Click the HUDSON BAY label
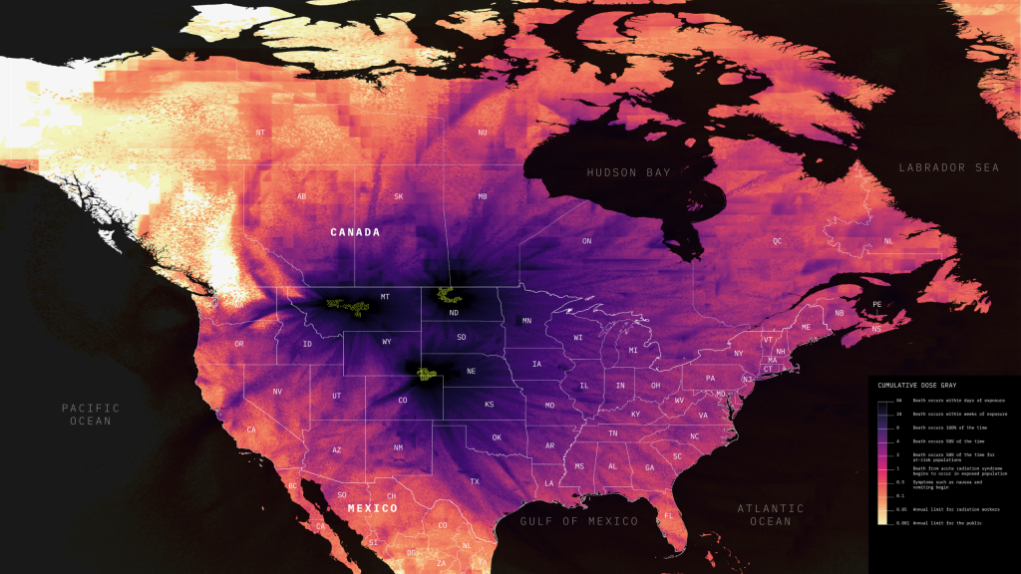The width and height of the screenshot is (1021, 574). (x=628, y=172)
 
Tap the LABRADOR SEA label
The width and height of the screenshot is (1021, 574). (x=948, y=167)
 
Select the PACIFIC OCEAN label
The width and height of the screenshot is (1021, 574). (x=90, y=414)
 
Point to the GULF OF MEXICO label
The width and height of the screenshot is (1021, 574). (x=578, y=521)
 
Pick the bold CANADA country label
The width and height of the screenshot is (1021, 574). (x=355, y=232)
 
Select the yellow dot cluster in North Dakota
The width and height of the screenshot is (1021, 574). (x=449, y=295)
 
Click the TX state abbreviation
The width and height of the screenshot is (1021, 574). (x=475, y=481)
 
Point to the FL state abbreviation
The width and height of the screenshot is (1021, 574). (x=669, y=515)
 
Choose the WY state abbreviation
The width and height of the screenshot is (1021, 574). (x=386, y=342)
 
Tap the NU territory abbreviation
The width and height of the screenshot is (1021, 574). (x=483, y=133)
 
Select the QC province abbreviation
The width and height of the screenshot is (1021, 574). (x=778, y=241)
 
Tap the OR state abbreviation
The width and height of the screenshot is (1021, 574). (x=239, y=344)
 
